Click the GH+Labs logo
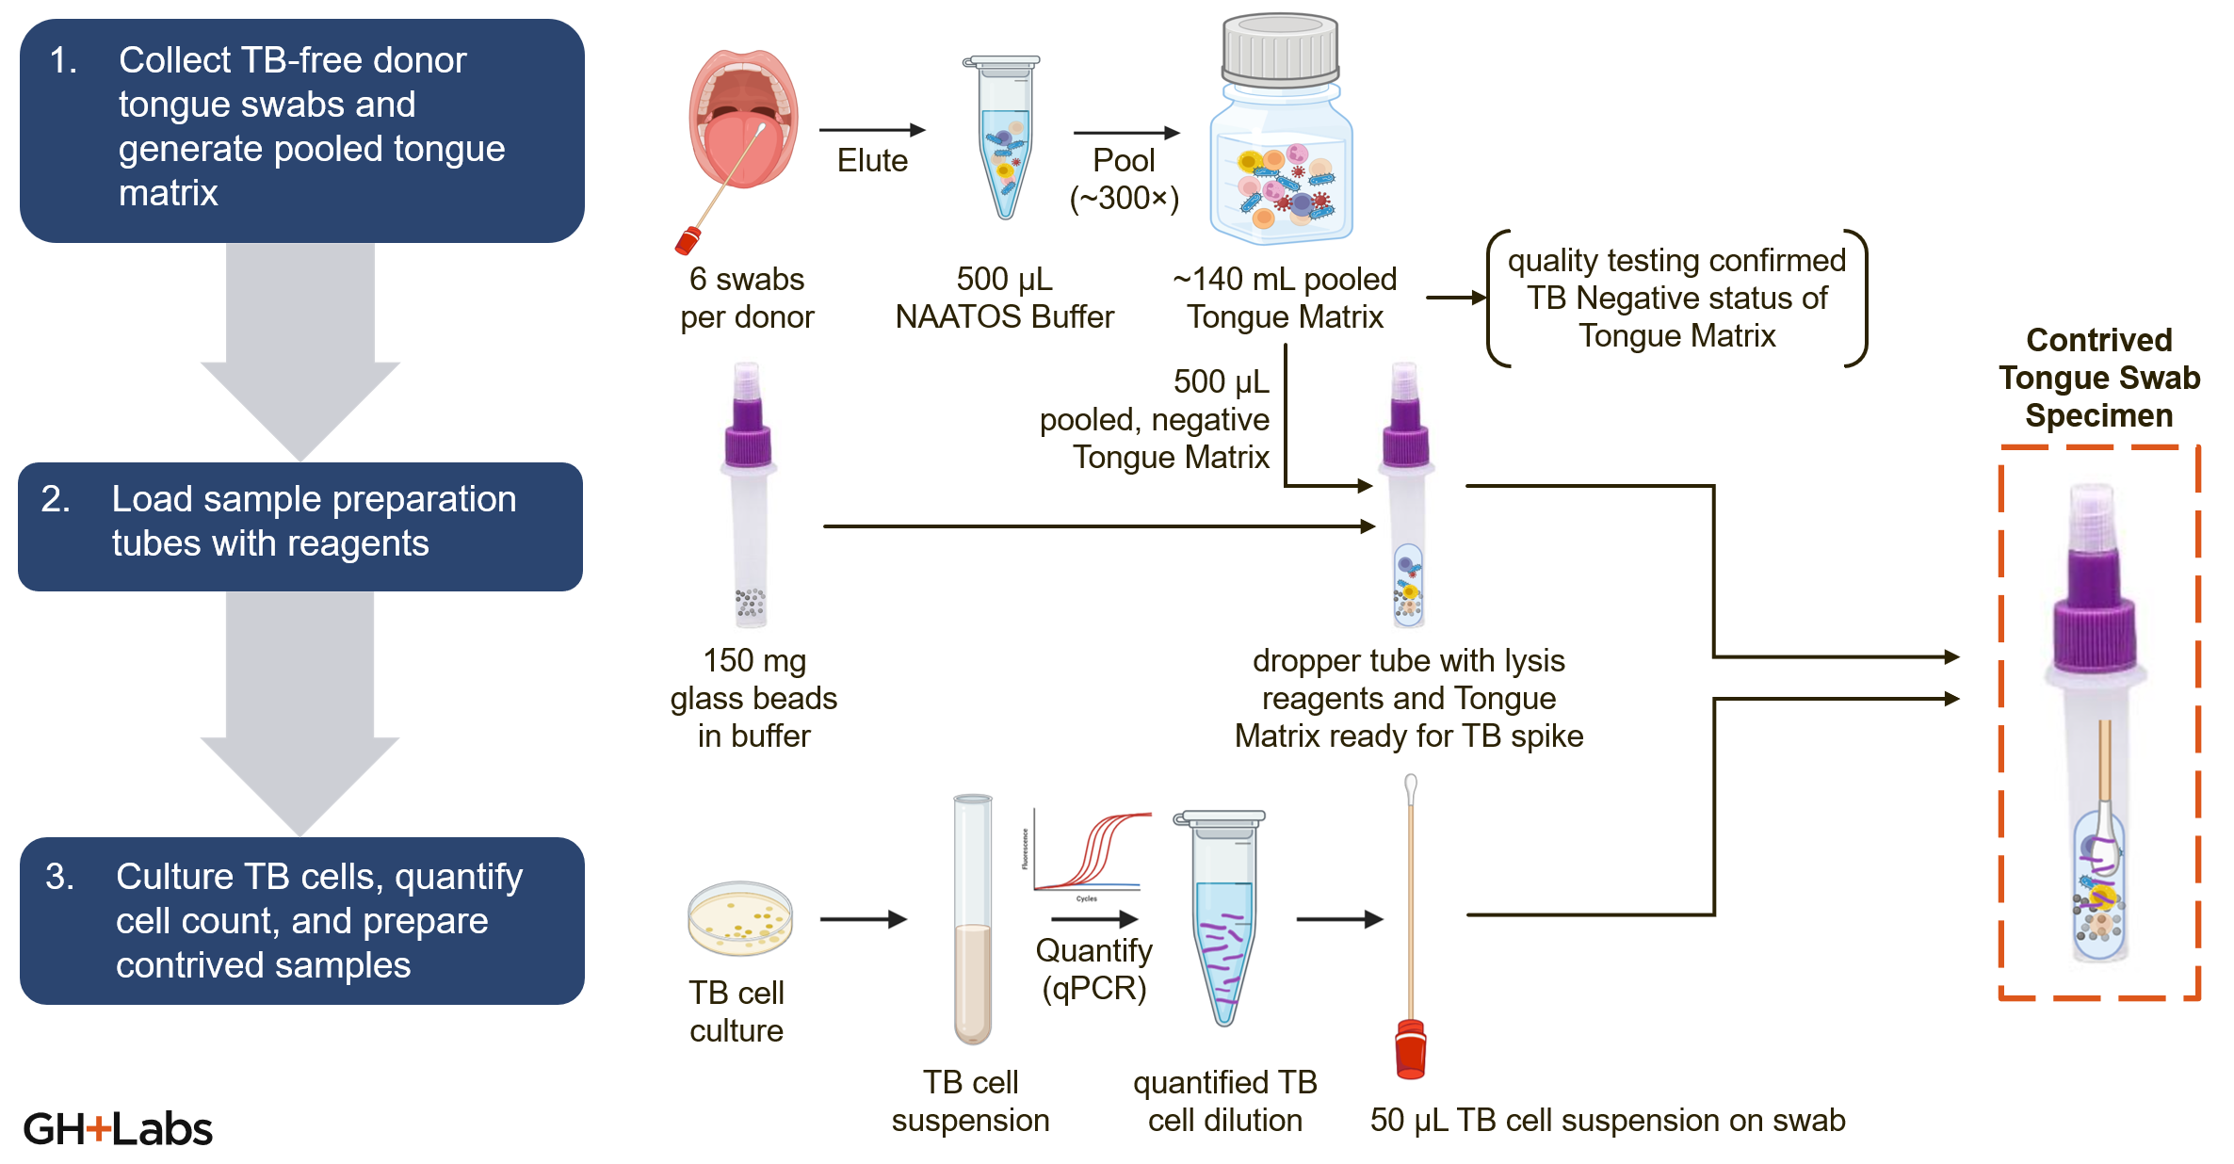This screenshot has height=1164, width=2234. (x=118, y=1128)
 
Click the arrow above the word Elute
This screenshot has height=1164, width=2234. (x=872, y=130)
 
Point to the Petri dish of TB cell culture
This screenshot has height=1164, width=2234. (x=740, y=917)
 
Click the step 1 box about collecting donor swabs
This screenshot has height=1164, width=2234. (x=301, y=130)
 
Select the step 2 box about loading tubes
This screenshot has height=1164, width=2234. (x=300, y=525)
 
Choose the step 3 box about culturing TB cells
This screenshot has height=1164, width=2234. (x=301, y=920)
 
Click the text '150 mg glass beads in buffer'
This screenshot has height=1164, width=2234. (x=753, y=698)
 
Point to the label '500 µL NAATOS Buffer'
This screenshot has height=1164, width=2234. (x=1004, y=298)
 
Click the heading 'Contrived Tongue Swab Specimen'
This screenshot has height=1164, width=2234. (x=2099, y=377)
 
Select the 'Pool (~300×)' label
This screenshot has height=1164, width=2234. (x=1124, y=179)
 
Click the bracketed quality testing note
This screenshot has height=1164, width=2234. (x=1676, y=298)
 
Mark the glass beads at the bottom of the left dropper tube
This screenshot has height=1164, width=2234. (x=751, y=604)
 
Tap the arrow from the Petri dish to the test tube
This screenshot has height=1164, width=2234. (x=863, y=918)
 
